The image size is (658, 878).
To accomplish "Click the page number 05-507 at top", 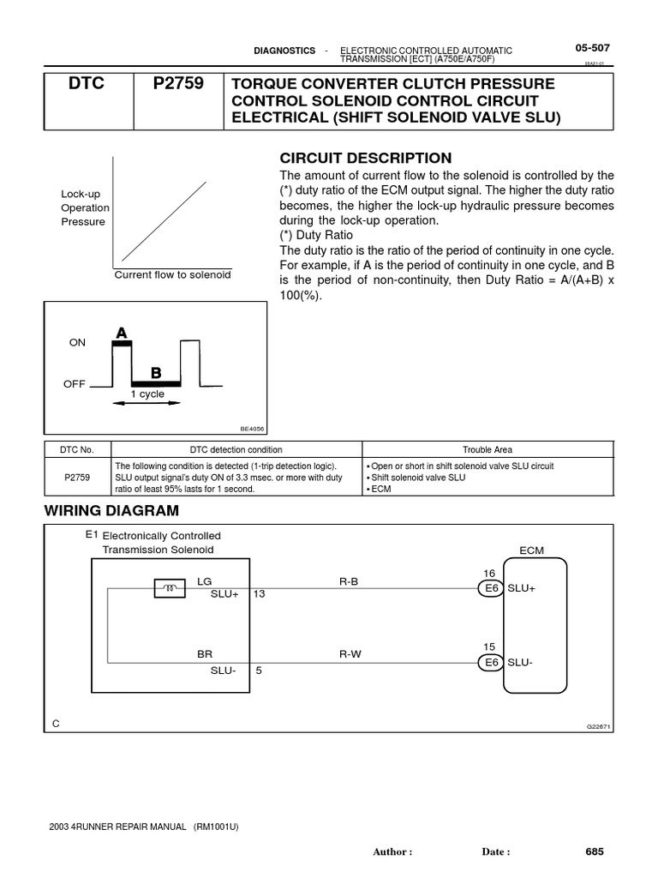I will (x=592, y=48).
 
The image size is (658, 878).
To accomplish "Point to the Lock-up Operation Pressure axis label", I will (x=84, y=207).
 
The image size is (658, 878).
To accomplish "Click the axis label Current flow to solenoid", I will (x=173, y=275).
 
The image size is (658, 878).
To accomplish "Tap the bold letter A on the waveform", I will (x=122, y=332).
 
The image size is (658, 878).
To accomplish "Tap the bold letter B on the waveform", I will (x=156, y=373).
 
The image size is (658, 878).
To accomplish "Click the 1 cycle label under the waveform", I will (x=147, y=394).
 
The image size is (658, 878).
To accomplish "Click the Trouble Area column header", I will (x=488, y=449).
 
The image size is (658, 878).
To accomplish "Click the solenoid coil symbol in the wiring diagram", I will (x=170, y=587).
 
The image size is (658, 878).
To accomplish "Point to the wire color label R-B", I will (x=350, y=580).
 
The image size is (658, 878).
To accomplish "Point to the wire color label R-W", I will (x=350, y=653).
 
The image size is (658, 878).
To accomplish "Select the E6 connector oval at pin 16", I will (x=490, y=588).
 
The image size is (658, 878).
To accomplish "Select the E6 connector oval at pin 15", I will (x=490, y=662).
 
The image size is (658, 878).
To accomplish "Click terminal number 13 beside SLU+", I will (x=260, y=593).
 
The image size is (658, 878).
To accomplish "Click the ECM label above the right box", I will (x=531, y=550).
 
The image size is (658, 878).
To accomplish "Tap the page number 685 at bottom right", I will (x=595, y=851).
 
